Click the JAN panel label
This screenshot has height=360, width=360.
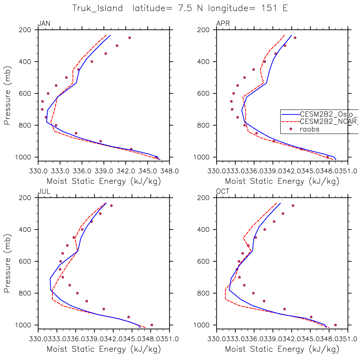pyautogui.click(x=44, y=23)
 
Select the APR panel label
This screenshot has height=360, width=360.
pyautogui.click(x=223, y=23)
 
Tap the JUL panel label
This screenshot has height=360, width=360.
pyautogui.click(x=44, y=192)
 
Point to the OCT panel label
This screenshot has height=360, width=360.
pyautogui.click(x=223, y=192)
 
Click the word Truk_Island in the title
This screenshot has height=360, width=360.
pyautogui.click(x=97, y=8)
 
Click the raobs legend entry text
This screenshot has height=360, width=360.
pyautogui.click(x=309, y=129)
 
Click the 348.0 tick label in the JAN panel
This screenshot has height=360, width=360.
pyautogui.click(x=169, y=171)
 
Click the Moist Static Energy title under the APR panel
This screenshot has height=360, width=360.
pyautogui.click(x=282, y=181)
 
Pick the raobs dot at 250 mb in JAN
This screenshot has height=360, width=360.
pyautogui.click(x=129, y=38)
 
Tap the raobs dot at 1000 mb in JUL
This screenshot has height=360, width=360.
pyautogui.click(x=152, y=325)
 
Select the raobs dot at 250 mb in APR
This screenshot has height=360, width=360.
pyautogui.click(x=295, y=38)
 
